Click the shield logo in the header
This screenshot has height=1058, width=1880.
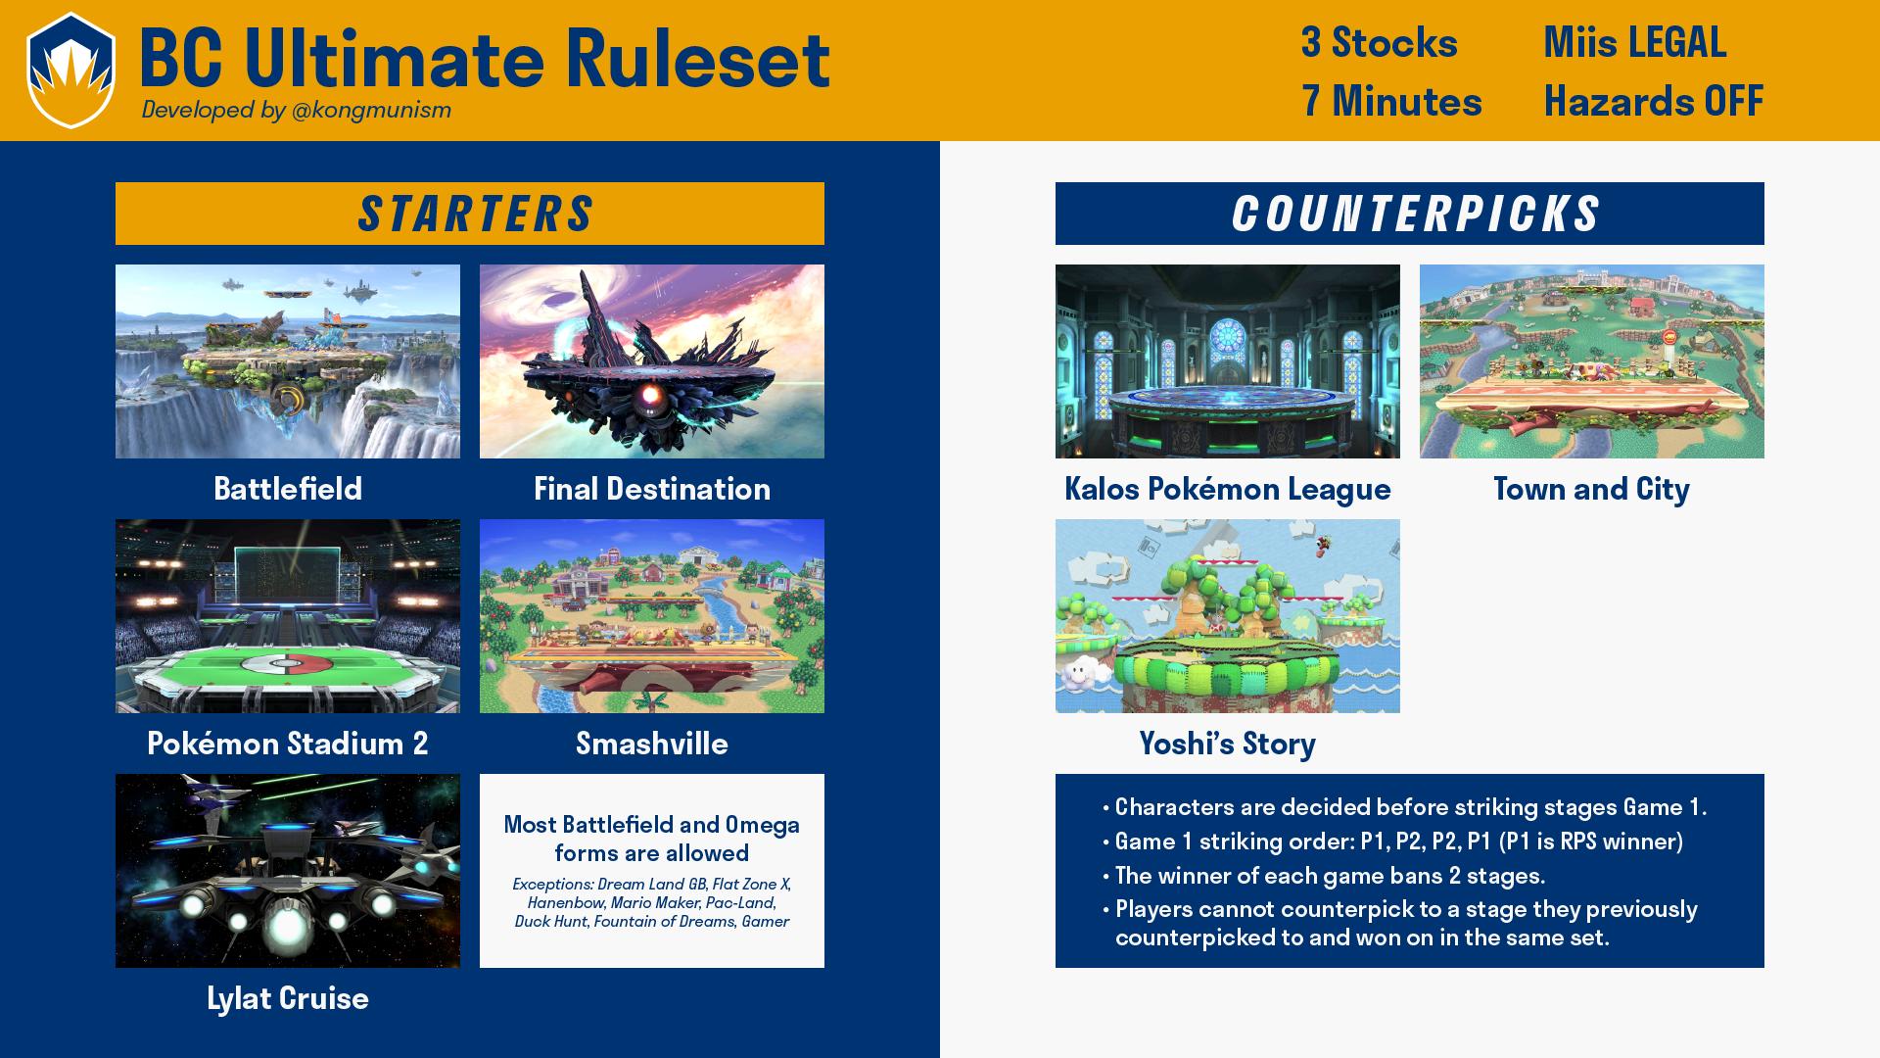coord(70,71)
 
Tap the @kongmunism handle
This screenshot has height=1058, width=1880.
coord(371,110)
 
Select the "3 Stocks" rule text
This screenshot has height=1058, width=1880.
coord(1379,42)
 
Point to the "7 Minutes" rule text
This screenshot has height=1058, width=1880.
coord(1391,101)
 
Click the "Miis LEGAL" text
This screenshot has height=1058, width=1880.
coord(1634,42)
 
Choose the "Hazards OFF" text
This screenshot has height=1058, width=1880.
coord(1654,101)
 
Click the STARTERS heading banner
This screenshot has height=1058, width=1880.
coord(470,214)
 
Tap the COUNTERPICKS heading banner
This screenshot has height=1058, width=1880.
coord(1410,214)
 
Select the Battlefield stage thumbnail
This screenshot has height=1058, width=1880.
coord(288,361)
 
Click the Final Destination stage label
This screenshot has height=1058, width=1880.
coord(652,489)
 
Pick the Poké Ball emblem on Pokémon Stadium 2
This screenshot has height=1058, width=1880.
coord(283,665)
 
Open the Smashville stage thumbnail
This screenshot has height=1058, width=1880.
coord(652,616)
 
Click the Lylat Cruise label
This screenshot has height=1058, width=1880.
coord(288,998)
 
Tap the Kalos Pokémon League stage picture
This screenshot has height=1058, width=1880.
coord(1228,361)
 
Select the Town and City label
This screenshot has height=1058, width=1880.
coord(1592,489)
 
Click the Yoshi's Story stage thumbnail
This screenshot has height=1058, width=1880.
coord(1228,616)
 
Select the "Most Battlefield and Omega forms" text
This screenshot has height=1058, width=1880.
coord(652,839)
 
